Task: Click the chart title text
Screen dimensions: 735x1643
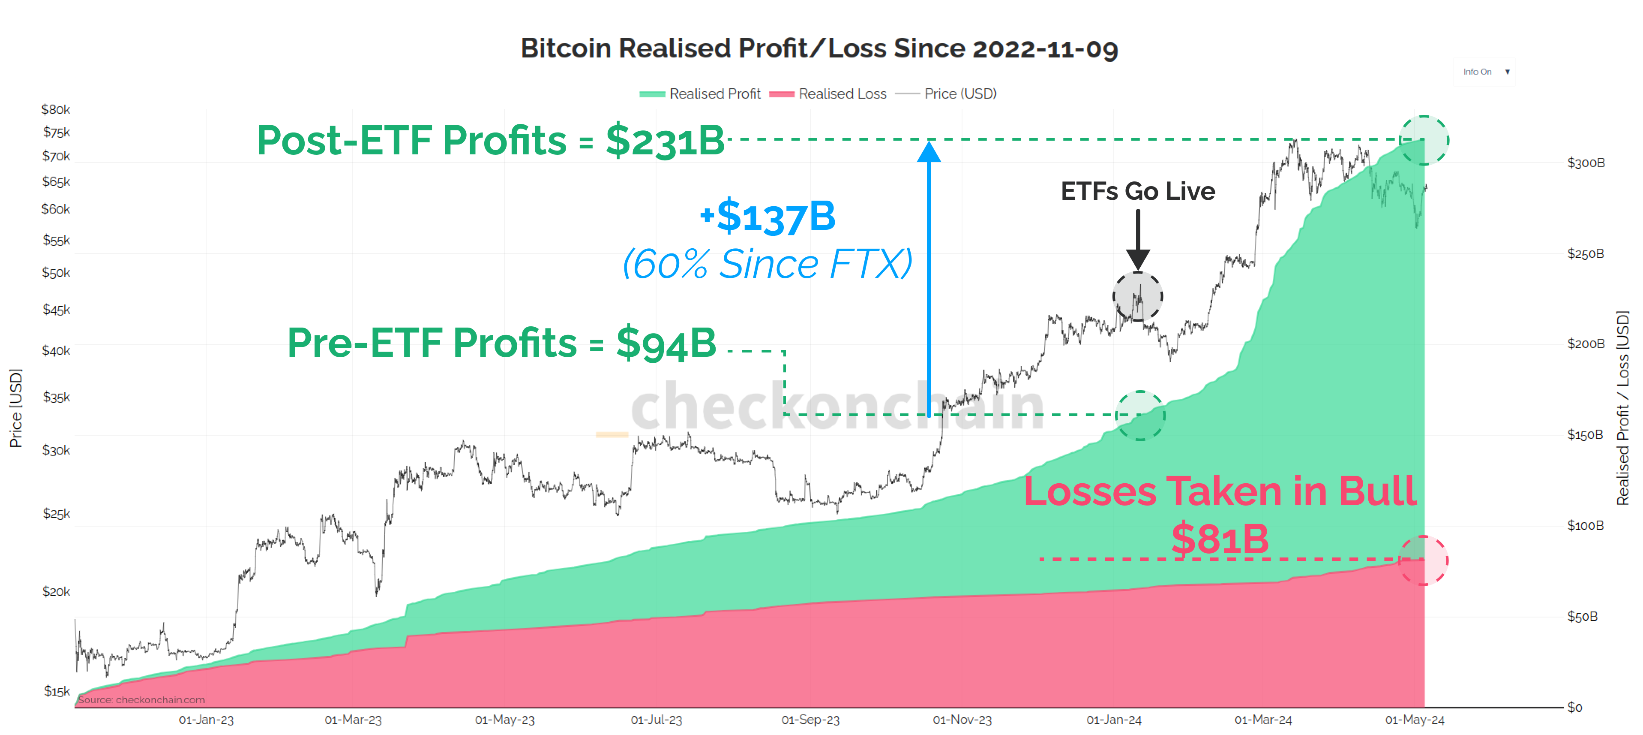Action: point(819,48)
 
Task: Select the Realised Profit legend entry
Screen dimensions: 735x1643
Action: point(702,94)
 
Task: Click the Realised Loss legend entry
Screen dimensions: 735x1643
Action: point(829,94)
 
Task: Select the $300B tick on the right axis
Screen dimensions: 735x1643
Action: point(1586,163)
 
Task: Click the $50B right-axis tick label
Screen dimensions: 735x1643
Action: point(1583,616)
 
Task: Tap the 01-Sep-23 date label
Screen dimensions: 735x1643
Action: point(810,720)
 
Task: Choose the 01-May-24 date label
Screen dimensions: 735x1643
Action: point(1414,720)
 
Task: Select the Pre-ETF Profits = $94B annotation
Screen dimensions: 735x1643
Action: point(501,343)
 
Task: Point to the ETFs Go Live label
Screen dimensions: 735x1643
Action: point(1137,191)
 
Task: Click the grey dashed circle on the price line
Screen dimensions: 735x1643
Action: point(1137,297)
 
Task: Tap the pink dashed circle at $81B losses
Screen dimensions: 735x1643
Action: point(1423,561)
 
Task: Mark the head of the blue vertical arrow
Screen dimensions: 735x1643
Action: point(929,152)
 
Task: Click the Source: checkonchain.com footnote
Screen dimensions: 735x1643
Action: point(141,700)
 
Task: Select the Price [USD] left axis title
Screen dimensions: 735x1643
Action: point(16,408)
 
